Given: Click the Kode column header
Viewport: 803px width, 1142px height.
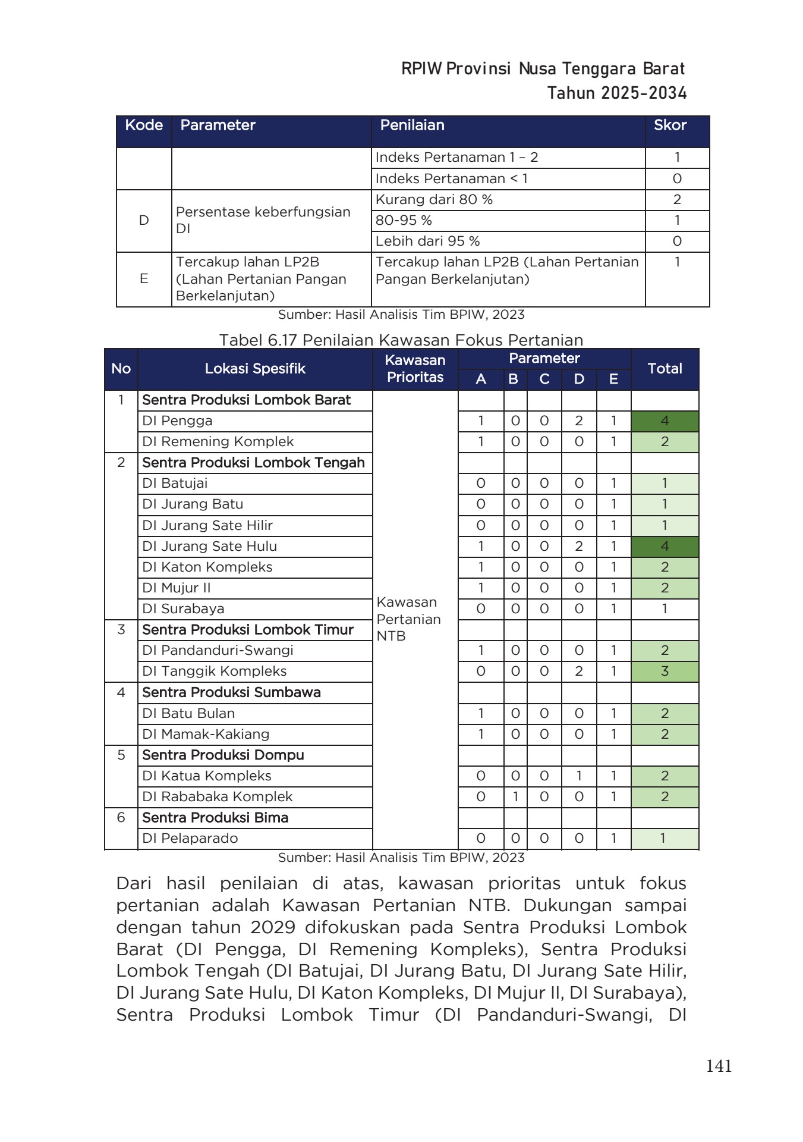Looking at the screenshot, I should point(144,126).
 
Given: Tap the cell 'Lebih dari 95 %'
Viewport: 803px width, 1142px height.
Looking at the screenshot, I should point(427,241).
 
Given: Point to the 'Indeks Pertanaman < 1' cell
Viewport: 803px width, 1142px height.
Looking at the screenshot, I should point(451,178).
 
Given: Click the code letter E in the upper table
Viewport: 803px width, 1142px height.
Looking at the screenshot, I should point(144,278).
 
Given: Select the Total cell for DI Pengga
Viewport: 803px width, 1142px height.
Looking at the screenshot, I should point(665,421).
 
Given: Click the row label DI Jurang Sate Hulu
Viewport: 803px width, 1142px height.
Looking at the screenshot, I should point(209,546).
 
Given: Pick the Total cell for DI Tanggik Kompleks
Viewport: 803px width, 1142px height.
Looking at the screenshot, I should point(665,672).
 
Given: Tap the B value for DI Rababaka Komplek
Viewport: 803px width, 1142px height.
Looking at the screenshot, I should point(515,796).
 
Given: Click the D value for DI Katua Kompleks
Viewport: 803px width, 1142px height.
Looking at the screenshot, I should point(578,776).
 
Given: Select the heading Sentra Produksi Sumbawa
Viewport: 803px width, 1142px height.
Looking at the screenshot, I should point(231,692).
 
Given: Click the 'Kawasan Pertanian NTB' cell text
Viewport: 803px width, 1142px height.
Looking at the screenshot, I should point(408,619).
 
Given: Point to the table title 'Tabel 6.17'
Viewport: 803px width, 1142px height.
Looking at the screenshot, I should point(259,340).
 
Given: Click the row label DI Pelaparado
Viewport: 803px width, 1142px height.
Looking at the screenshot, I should point(190,838).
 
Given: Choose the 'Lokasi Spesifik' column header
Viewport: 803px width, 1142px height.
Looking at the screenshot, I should point(255,369).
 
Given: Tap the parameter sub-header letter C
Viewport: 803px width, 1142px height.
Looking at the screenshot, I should point(544,379).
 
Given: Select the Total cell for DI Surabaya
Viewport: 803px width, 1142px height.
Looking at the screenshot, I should point(665,608).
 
